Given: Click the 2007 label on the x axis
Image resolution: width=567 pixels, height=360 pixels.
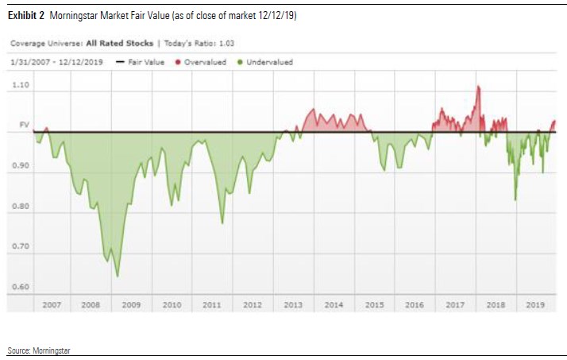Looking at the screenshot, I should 52,304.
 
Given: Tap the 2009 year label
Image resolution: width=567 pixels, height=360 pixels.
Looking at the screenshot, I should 131,304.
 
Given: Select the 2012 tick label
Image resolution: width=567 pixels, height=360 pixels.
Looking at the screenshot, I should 253,304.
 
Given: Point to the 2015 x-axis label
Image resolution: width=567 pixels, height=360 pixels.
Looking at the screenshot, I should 374,304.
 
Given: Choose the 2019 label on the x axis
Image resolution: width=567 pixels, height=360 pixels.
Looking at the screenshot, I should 536,304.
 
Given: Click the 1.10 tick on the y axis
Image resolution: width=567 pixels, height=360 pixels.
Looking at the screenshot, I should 21,84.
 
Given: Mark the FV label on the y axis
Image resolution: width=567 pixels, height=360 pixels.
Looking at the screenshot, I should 23,125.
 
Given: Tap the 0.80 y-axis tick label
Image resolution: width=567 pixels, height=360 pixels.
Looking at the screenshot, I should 21,207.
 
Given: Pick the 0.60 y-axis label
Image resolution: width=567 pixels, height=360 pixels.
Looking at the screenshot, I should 21,287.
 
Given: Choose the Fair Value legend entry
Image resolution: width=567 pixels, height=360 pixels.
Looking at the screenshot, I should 143,62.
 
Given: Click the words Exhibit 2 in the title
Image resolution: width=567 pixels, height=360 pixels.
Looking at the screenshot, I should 26,16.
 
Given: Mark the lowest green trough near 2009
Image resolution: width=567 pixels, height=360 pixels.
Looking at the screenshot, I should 118,276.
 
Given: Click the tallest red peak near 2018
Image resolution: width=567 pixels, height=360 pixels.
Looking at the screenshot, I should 478,87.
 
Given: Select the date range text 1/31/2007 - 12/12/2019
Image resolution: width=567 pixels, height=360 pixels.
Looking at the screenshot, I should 59,62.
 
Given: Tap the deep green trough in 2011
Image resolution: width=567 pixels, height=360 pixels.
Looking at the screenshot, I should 222,223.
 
